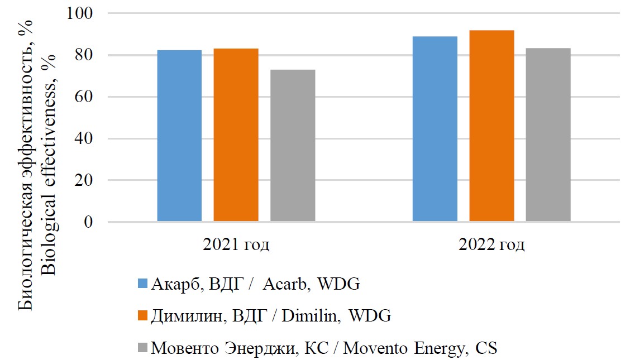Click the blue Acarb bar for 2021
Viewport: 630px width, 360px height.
(x=179, y=136)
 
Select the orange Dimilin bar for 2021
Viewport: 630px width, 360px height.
(x=236, y=135)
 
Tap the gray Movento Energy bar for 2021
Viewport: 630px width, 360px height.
(x=293, y=145)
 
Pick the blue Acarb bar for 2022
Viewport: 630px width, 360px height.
(x=435, y=129)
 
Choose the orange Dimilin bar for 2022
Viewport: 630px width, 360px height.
(x=491, y=126)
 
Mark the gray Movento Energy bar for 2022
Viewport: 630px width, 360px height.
(x=548, y=135)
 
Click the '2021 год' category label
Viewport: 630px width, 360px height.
(x=236, y=244)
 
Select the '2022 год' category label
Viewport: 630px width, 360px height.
(x=491, y=244)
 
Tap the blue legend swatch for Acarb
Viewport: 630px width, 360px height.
(x=142, y=284)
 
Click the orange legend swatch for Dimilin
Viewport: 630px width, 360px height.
(x=142, y=315)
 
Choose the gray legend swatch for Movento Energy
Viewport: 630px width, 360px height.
(x=142, y=348)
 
